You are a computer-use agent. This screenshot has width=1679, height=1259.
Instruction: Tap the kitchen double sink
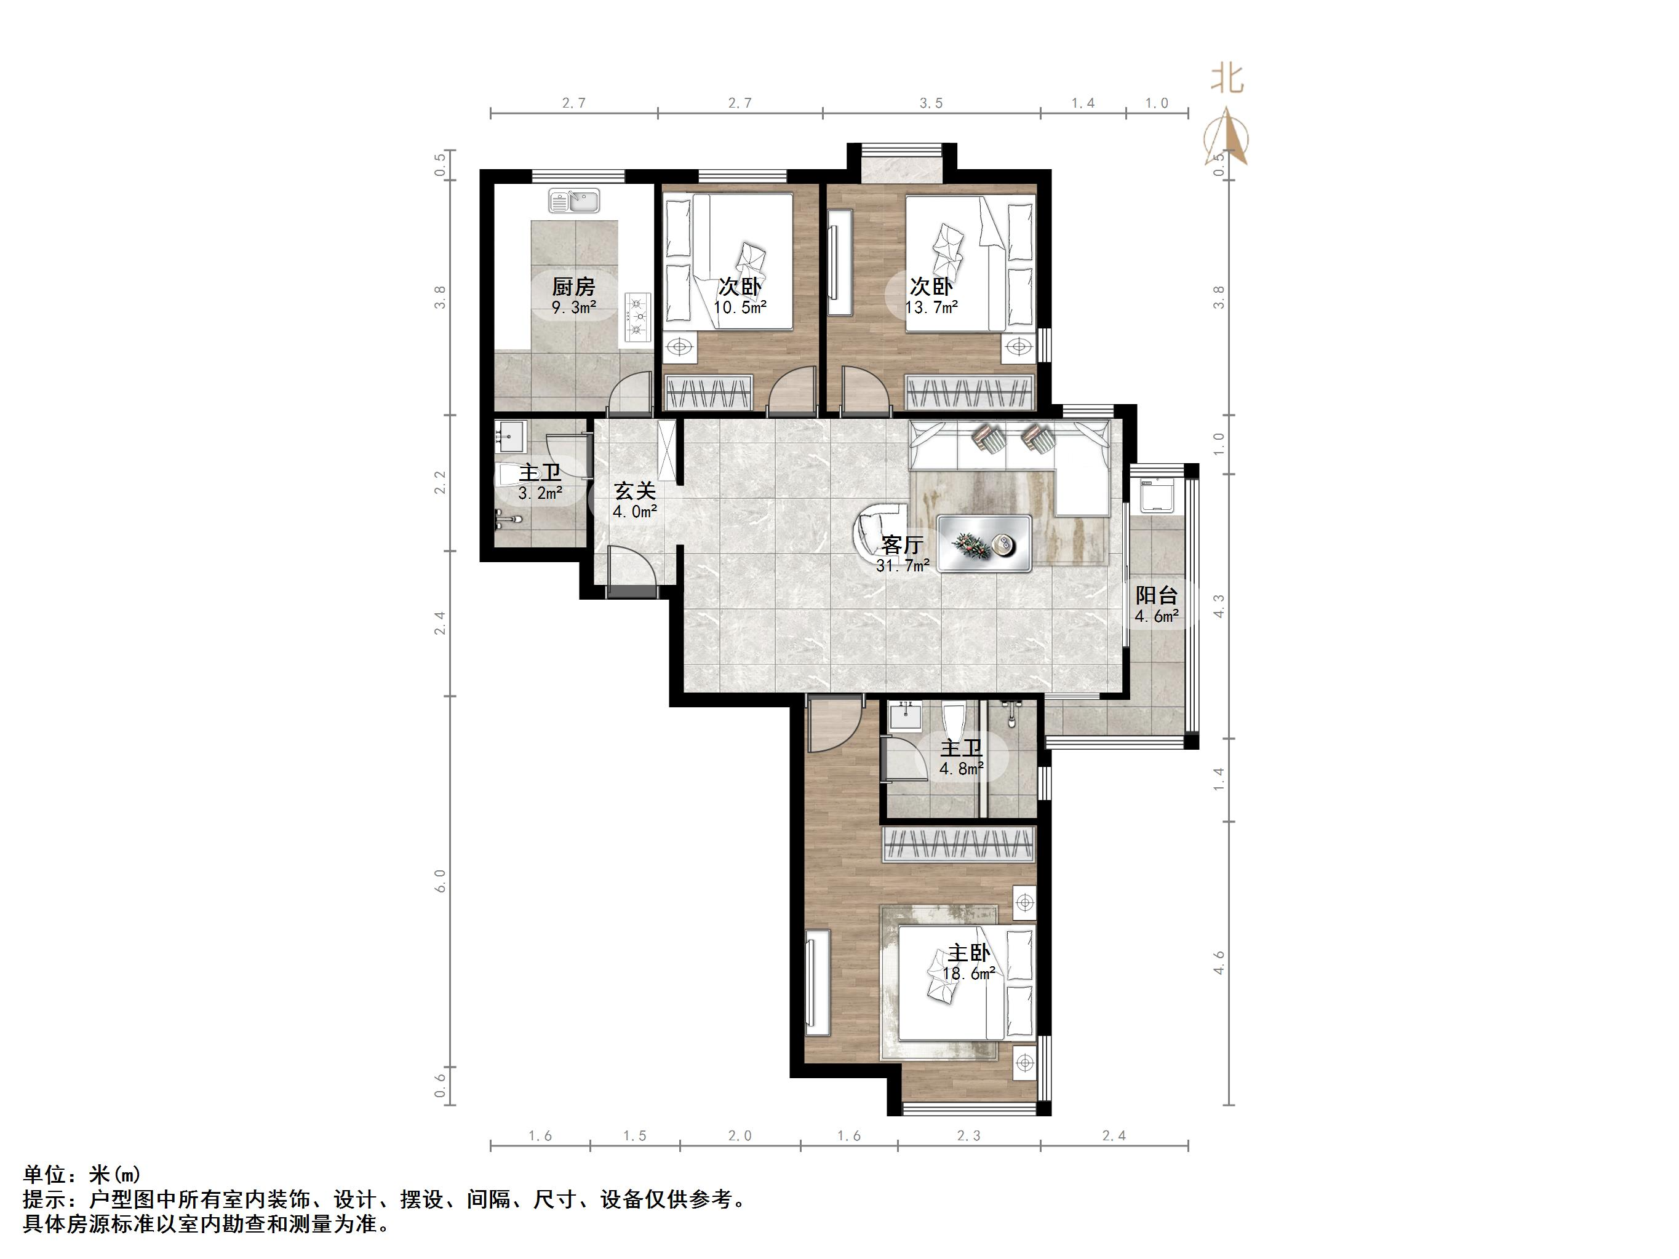click(x=575, y=201)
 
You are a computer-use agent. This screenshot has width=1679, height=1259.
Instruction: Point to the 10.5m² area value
click(x=740, y=308)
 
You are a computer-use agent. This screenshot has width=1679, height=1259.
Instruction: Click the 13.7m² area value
click(x=931, y=308)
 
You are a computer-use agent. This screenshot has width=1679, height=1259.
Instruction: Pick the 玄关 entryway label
click(x=636, y=491)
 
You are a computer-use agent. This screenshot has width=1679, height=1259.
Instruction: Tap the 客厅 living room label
click(x=903, y=545)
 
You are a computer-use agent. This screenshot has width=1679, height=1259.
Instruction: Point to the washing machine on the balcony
click(x=1157, y=496)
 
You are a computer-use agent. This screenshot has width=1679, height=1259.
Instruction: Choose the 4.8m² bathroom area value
click(x=962, y=769)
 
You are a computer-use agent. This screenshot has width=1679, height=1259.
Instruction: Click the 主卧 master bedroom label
click(x=968, y=953)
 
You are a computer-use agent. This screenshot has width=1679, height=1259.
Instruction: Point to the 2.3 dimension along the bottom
click(x=968, y=1136)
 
